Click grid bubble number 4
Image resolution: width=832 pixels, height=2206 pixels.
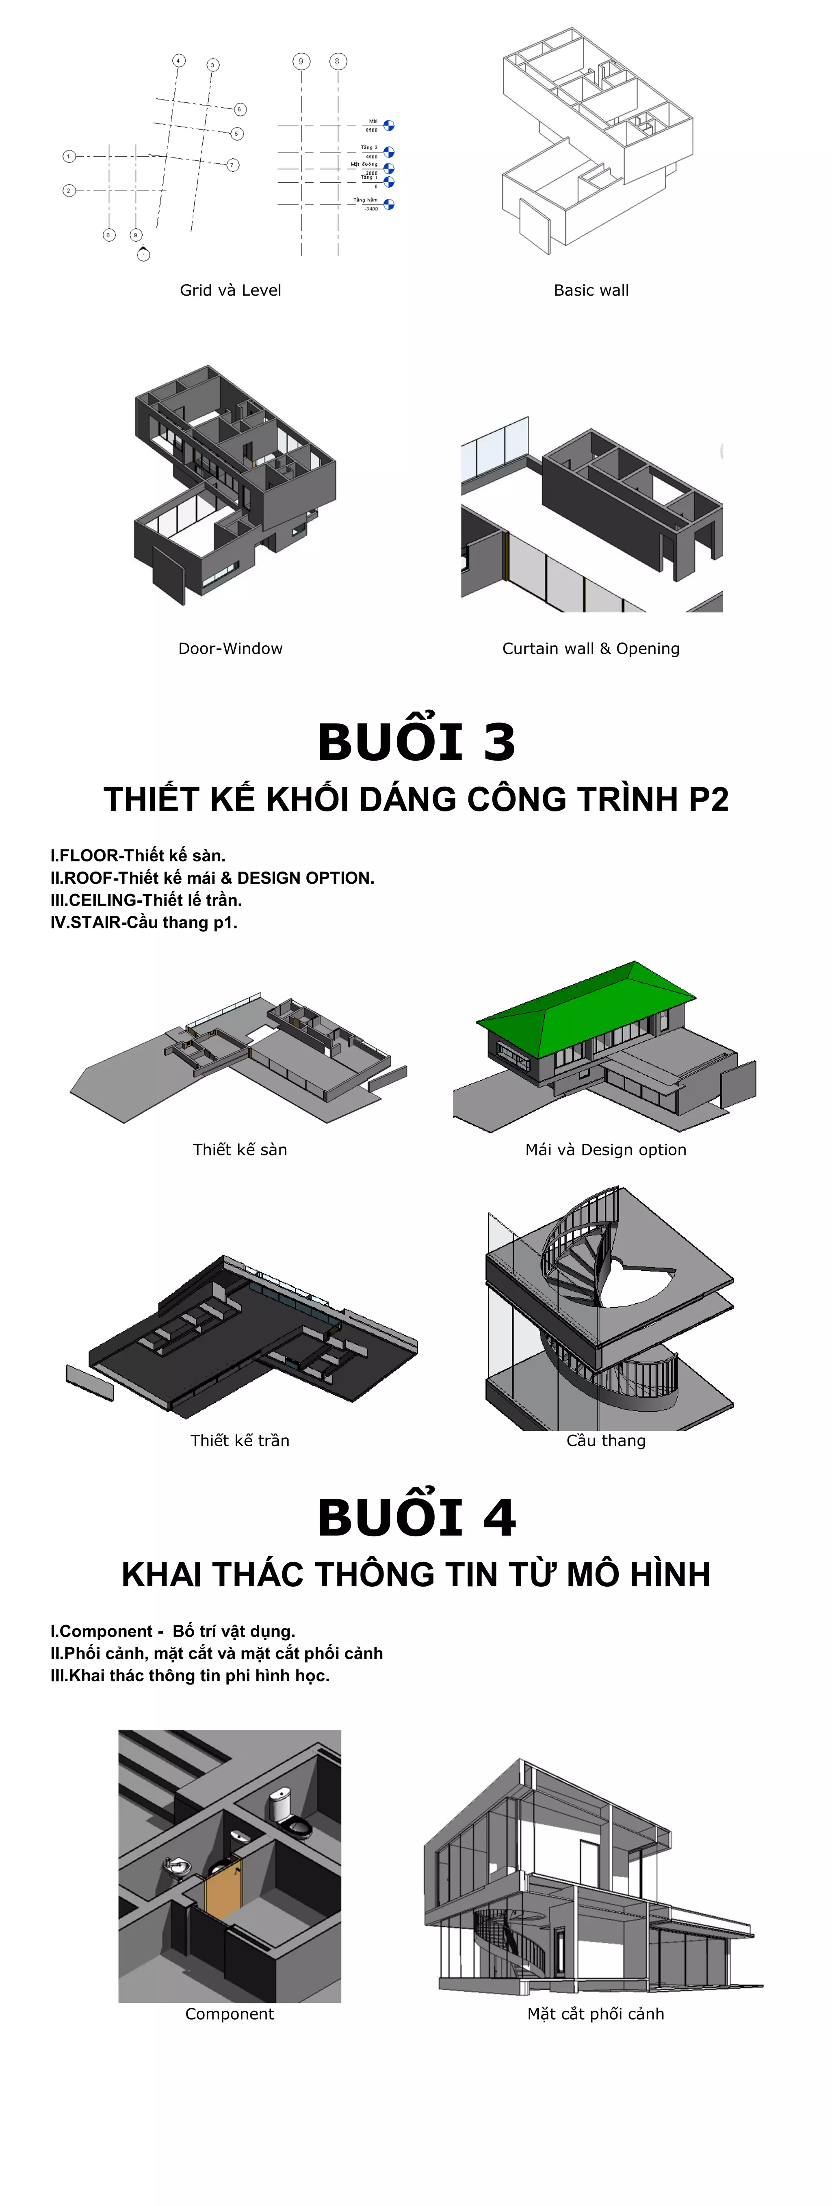click(x=178, y=61)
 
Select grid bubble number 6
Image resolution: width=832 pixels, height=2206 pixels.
click(x=240, y=109)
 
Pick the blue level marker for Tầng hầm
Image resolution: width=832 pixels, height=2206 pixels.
click(x=389, y=204)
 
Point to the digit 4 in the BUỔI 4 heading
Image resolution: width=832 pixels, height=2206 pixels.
click(x=499, y=1518)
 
